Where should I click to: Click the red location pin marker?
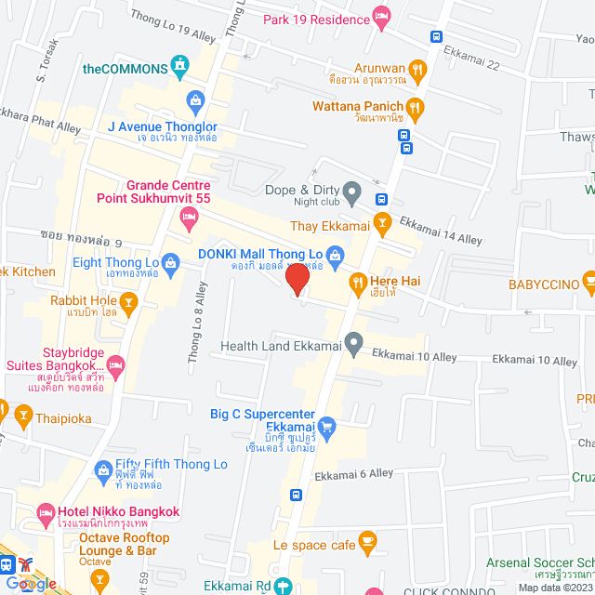297,279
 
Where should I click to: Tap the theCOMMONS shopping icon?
180,67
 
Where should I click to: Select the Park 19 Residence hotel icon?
380,16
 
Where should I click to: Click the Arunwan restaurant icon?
417,68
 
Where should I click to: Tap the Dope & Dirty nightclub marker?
351,193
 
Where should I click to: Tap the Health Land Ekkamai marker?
353,346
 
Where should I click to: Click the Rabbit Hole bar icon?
129,300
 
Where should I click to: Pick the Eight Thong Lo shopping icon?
170,262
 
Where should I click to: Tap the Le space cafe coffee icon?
368,541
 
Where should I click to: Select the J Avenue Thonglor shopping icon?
195,99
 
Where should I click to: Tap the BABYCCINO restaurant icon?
588,281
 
